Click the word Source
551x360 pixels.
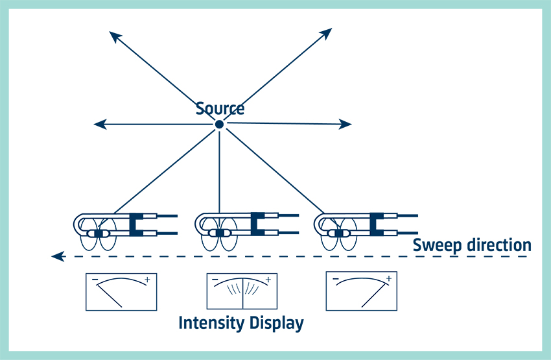(220, 108)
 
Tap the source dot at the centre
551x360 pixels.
(219, 124)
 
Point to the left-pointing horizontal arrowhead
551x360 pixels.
(100, 124)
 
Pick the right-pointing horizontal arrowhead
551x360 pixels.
(346, 123)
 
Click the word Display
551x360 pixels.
(277, 323)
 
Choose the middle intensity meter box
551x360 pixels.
(242, 291)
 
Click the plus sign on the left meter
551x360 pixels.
(147, 280)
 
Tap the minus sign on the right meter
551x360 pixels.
(336, 280)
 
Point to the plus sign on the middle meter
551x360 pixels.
(268, 280)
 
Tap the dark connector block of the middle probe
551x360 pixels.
(257, 223)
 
